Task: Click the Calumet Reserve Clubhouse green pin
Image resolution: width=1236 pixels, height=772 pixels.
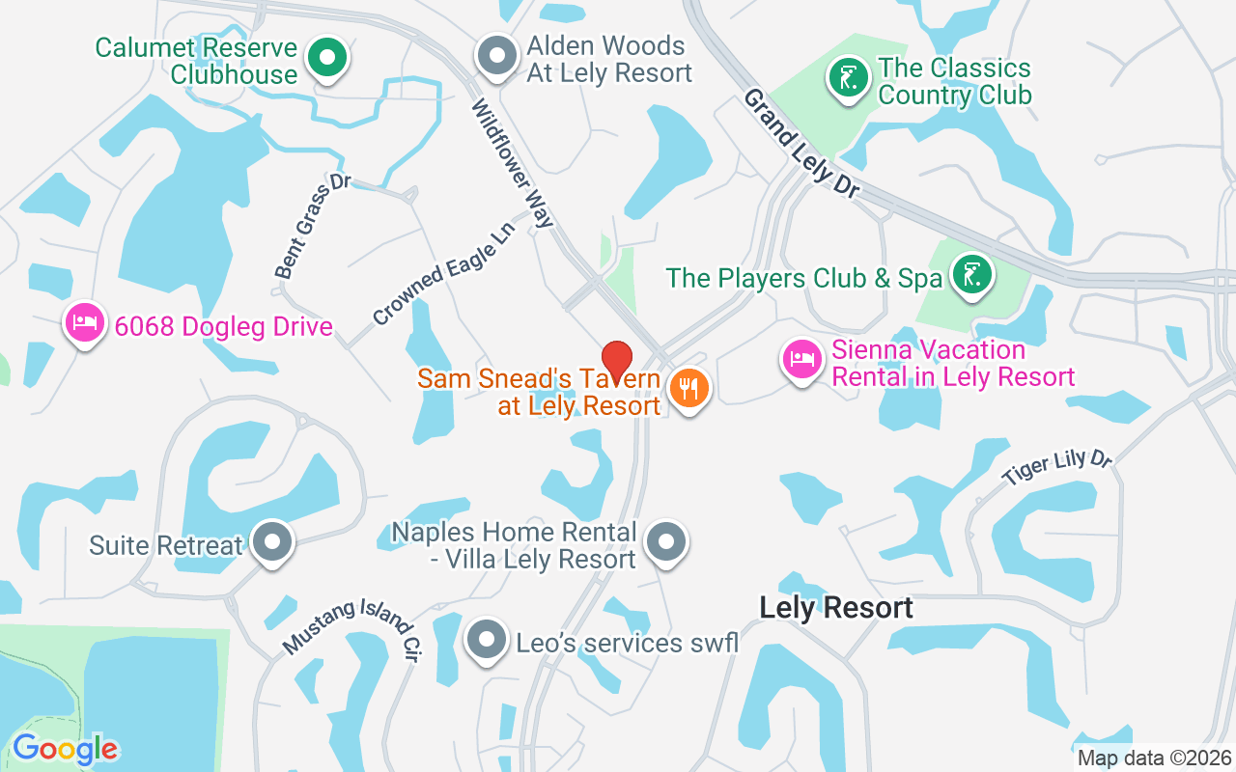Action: (327, 58)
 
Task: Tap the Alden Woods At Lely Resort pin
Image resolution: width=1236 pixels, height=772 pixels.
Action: (497, 56)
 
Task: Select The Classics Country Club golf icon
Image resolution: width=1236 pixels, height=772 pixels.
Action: (848, 78)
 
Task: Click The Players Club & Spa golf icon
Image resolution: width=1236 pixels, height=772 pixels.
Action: (971, 275)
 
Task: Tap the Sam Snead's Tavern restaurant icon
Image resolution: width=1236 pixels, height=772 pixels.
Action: (688, 388)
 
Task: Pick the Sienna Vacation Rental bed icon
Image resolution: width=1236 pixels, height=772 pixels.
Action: (801, 360)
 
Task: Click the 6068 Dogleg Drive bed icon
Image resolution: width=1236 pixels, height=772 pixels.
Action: (85, 322)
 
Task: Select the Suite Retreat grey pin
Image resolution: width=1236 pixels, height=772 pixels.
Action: (272, 542)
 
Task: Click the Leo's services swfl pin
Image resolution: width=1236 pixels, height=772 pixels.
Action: (487, 639)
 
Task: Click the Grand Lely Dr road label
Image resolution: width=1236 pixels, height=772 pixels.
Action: (801, 144)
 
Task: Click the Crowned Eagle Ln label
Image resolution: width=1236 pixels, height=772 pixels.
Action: (444, 280)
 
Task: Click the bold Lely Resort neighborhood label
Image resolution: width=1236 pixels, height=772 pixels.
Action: (836, 608)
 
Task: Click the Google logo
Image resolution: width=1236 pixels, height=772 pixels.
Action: (65, 749)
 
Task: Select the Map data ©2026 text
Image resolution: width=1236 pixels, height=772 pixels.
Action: (1155, 758)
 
